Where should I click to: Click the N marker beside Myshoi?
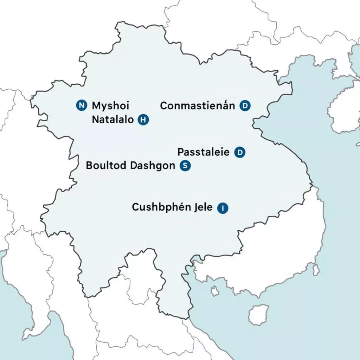(81, 105)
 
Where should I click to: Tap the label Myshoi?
(110, 105)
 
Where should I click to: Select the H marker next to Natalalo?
(143, 120)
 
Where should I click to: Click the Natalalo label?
(112, 120)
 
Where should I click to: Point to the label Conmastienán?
(197, 105)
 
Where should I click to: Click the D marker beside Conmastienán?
(245, 105)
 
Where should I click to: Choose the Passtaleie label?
(203, 152)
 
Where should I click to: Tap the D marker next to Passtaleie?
(240, 152)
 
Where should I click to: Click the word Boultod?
(106, 166)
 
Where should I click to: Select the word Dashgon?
(152, 166)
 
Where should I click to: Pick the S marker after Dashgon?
(185, 166)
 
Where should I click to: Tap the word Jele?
(203, 207)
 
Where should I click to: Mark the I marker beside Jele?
(223, 208)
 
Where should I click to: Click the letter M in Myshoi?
(96, 105)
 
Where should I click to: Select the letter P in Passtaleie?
(180, 152)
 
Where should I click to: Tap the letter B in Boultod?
(89, 166)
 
